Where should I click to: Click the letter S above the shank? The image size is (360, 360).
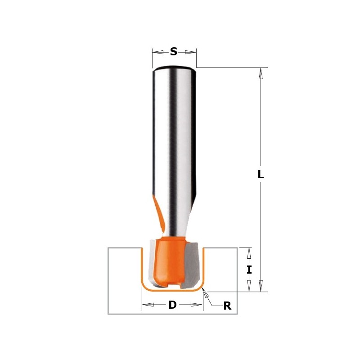pyautogui.click(x=174, y=52)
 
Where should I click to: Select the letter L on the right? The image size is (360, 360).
pyautogui.click(x=261, y=175)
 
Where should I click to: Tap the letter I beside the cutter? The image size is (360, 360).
pyautogui.click(x=249, y=270)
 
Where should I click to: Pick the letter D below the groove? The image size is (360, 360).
pyautogui.click(x=172, y=305)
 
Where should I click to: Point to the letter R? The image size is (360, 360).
pyautogui.click(x=227, y=306)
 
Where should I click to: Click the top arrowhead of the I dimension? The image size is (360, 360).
pyautogui.click(x=249, y=253)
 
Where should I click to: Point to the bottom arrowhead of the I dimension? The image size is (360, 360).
pyautogui.click(x=249, y=286)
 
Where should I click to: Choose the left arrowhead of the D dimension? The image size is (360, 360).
pyautogui.click(x=148, y=305)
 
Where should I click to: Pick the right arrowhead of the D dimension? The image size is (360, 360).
pyautogui.click(x=197, y=305)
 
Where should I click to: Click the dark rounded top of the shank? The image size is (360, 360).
pyautogui.click(x=174, y=69)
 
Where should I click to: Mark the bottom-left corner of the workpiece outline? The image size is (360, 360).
pyautogui.click(x=108, y=314)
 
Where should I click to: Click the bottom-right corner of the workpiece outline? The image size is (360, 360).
pyautogui.click(x=237, y=314)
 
